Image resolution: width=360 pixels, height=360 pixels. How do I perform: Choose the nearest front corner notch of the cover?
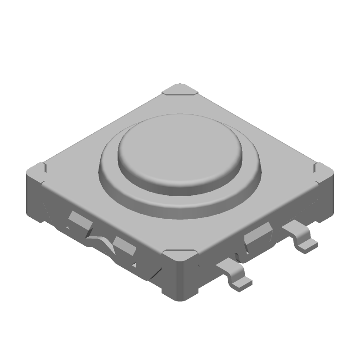180,255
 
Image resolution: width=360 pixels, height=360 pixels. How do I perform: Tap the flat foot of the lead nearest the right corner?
308,245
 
